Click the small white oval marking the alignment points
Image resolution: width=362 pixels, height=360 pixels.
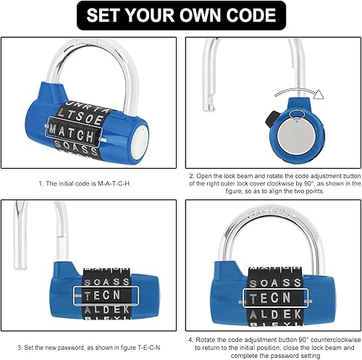point(296,114)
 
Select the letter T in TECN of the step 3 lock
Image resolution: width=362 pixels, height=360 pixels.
point(88,296)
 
